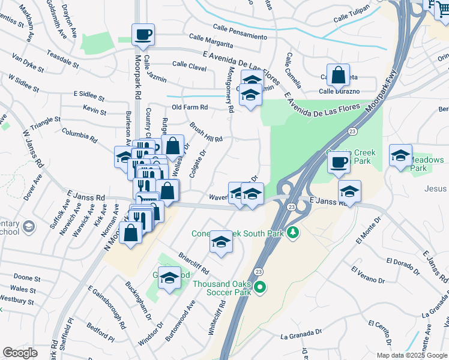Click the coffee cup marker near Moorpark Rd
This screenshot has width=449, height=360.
pyautogui.click(x=143, y=35)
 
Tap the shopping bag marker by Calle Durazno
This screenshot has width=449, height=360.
pyautogui.click(x=339, y=76)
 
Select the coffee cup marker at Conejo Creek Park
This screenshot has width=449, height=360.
pyautogui.click(x=339, y=162)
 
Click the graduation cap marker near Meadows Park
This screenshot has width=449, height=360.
pyautogui.click(x=400, y=155)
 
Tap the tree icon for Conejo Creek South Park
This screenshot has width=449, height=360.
pyautogui.click(x=292, y=232)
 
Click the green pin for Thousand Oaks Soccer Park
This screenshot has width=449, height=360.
pyautogui.click(x=259, y=288)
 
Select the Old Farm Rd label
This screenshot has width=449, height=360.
pyautogui.click(x=190, y=107)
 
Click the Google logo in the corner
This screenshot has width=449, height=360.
pyautogui.click(x=20, y=353)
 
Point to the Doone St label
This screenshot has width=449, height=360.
pyautogui.click(x=26, y=278)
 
